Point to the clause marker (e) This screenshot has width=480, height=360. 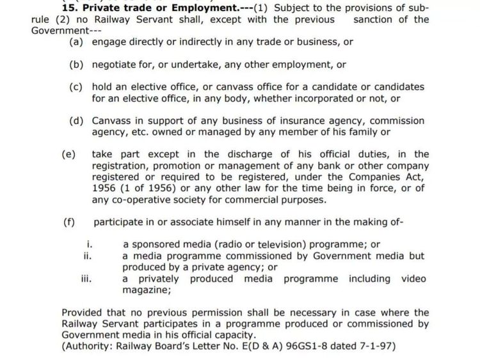point(68,154)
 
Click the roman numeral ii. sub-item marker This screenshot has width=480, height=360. point(88,256)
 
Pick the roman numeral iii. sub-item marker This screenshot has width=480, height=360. point(88,279)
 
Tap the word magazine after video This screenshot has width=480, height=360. point(147,290)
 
